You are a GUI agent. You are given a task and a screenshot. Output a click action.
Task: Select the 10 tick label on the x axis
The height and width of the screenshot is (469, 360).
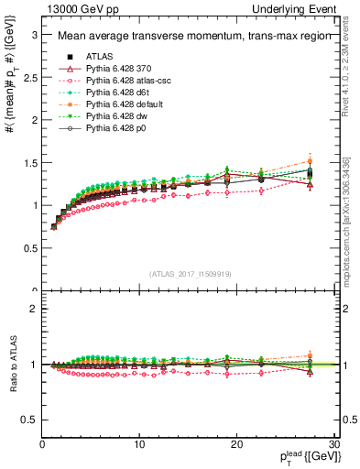(139, 444)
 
